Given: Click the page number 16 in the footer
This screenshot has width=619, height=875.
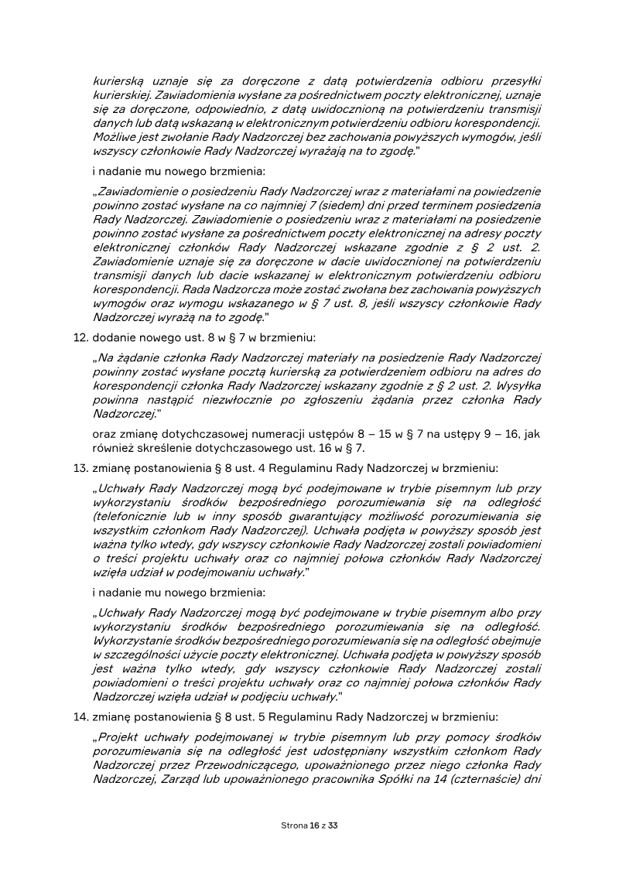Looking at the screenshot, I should pyautogui.click(x=314, y=825).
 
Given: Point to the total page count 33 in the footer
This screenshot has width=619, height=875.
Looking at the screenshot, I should pyautogui.click(x=333, y=825).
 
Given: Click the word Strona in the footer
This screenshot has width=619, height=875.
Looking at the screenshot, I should pyautogui.click(x=293, y=825).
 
